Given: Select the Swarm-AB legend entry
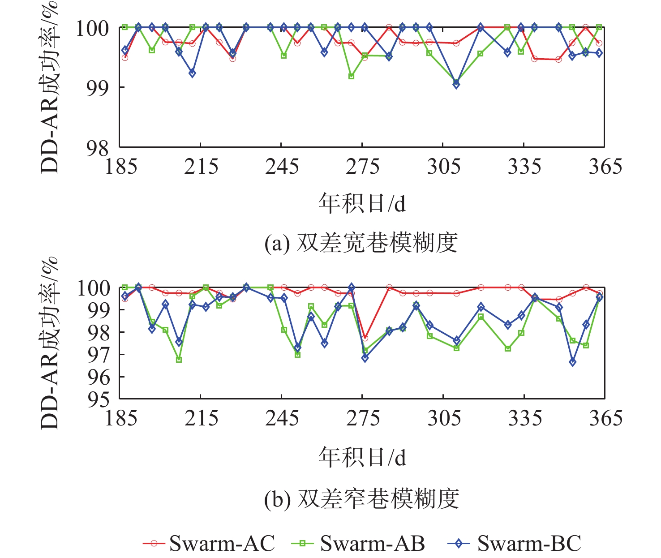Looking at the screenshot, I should (x=358, y=543).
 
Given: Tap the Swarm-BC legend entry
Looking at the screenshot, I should (x=515, y=543).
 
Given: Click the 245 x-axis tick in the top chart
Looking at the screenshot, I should (x=282, y=167).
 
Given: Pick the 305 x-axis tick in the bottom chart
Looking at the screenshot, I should (x=443, y=418).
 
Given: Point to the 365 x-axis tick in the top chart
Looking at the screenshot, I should (x=605, y=167).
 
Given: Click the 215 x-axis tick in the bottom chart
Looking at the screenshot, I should (x=201, y=418).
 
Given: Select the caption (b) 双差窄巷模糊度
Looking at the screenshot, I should (x=361, y=499).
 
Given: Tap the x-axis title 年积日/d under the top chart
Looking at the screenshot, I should (x=362, y=203).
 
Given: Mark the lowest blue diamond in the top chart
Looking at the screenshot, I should (x=456, y=85).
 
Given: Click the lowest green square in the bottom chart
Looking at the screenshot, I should (x=179, y=360).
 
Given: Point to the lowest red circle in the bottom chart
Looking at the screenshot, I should (x=365, y=338).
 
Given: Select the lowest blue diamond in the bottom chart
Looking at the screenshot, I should (x=572, y=362).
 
